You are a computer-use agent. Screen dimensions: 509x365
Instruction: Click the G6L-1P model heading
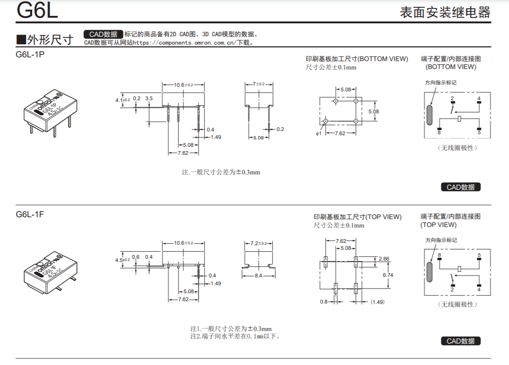30,55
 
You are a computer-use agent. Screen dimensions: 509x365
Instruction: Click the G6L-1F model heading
30,214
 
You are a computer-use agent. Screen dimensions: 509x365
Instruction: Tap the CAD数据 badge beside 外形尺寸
103,34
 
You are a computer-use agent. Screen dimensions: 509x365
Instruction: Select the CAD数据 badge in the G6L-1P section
461,187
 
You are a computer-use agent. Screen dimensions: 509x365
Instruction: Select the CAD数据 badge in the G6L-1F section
461,341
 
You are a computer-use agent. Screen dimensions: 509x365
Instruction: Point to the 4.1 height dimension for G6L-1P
123,100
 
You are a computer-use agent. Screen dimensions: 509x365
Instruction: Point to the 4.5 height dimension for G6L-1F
123,260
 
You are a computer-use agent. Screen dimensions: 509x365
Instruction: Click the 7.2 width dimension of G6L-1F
258,243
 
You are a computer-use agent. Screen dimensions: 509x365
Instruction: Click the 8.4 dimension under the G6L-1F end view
258,275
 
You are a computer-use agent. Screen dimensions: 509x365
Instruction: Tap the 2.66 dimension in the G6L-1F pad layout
384,259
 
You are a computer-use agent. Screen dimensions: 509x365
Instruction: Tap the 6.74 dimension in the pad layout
388,275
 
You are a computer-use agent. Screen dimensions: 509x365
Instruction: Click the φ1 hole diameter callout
318,133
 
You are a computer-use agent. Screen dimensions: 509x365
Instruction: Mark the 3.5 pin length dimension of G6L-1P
149,98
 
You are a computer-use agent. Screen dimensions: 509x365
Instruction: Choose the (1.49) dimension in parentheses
378,302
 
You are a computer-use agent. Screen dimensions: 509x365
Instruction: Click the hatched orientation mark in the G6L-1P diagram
429,115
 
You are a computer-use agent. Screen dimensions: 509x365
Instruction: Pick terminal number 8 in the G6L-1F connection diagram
439,255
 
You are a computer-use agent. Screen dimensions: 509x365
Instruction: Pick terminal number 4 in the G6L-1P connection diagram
479,98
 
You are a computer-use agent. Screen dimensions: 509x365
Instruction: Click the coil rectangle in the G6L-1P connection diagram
459,119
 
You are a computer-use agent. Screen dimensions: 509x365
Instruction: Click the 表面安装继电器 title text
445,12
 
